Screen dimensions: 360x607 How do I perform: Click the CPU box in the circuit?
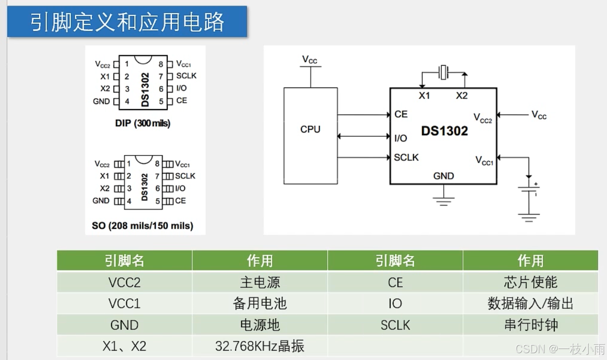pos(310,136)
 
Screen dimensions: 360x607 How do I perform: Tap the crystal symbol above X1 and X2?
pos(444,72)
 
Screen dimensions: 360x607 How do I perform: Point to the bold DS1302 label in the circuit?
pos(444,131)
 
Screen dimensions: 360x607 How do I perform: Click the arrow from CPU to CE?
pos(363,115)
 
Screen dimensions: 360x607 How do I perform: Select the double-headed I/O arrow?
pos(363,136)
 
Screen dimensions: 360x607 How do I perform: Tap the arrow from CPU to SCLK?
pos(363,157)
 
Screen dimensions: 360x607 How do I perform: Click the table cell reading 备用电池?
pos(260,303)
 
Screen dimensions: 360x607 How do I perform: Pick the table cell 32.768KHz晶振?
pos(260,346)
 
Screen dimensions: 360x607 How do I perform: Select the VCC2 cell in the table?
pos(124,282)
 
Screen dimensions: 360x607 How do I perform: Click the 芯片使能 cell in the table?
pos(530,282)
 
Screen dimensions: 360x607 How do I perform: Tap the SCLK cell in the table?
pos(395,325)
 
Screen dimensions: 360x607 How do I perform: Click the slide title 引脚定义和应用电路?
pos(127,22)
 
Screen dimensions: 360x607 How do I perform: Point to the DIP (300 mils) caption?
pos(143,123)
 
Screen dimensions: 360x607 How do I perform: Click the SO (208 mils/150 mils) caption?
pos(142,226)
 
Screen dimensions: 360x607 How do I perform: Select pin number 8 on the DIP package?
pos(161,64)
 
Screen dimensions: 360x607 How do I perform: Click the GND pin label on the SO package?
pos(101,200)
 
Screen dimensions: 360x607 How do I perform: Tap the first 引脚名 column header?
pos(124,261)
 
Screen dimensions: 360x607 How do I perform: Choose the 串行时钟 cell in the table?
pos(530,325)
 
